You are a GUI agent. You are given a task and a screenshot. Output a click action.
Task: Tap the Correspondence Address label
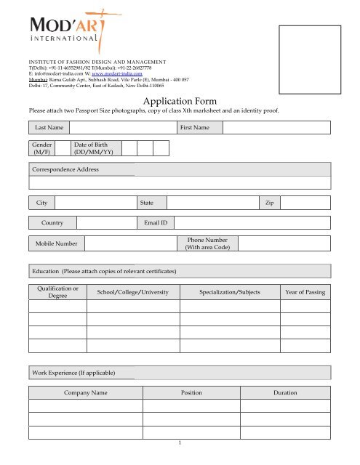coord(65,169)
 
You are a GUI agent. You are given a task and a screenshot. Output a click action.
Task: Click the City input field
coord(95,201)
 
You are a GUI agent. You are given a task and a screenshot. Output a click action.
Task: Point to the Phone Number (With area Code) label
coord(208,243)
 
